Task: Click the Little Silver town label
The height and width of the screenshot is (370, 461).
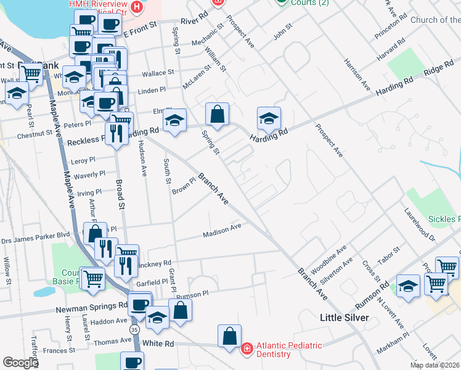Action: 344,318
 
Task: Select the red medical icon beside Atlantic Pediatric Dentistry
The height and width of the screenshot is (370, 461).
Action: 247,349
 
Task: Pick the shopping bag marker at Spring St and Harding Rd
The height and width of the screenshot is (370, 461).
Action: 217,114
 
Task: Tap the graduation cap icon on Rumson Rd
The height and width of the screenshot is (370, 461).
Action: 408,286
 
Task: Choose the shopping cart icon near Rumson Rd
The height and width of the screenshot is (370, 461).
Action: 436,283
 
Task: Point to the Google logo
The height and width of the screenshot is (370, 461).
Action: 20,363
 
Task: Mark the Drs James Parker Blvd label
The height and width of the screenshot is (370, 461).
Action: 36,236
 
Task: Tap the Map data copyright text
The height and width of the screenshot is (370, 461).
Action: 435,365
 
